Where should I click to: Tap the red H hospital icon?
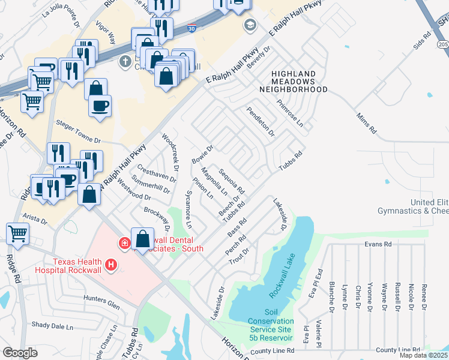point(110,264)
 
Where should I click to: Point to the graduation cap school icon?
point(249,25)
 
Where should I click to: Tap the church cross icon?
point(125,61)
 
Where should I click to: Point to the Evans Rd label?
point(378,244)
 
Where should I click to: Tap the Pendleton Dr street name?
point(260,121)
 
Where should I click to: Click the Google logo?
point(19,352)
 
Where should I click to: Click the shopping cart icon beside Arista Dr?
point(17,233)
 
